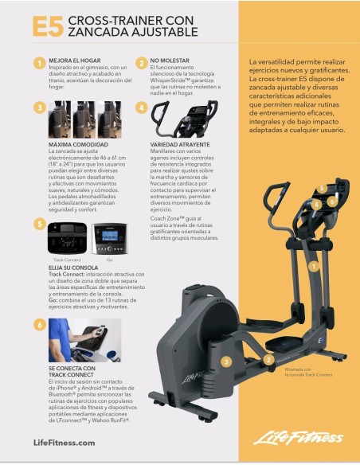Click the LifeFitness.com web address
[x=64, y=442]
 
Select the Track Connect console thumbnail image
[x=67, y=238]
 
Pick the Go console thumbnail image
[x=109, y=238]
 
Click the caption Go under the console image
[x=108, y=260]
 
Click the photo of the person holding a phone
[x=85, y=340]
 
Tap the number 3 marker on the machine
[x=226, y=361]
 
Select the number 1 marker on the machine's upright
[x=314, y=265]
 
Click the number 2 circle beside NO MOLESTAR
[x=142, y=63]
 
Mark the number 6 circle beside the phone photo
[x=39, y=324]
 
